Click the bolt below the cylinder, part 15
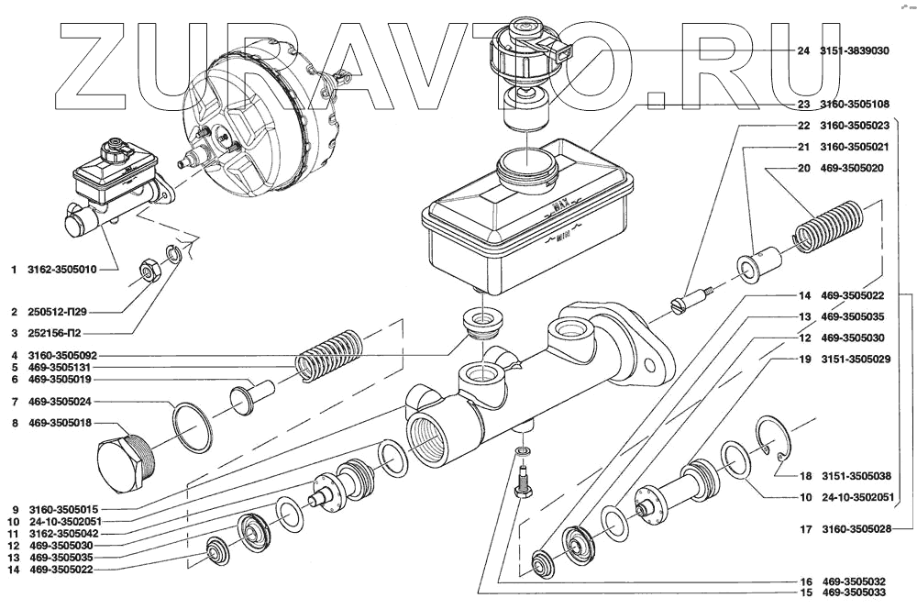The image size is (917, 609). (x=522, y=481)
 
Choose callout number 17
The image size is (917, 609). (x=804, y=530)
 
